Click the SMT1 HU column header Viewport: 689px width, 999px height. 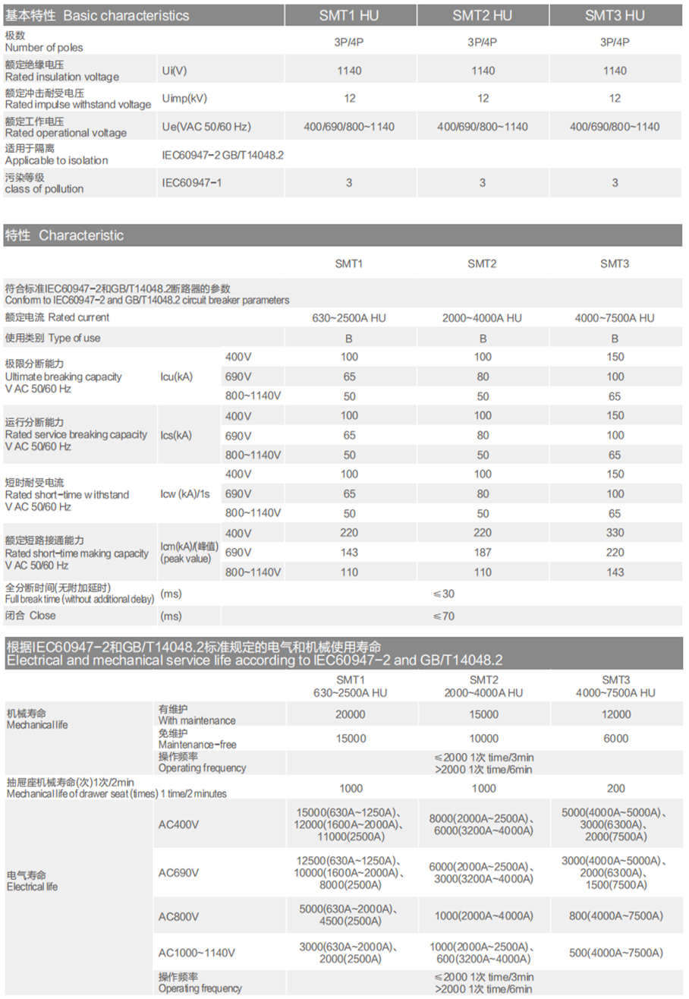[x=350, y=15]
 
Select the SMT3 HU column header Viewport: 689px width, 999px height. [x=615, y=15]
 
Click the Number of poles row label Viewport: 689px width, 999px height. [x=44, y=42]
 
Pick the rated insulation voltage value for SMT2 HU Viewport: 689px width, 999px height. [x=483, y=71]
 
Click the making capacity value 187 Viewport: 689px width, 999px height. [x=483, y=553]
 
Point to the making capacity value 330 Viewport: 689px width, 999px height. [x=615, y=534]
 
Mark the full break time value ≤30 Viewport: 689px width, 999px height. [x=444, y=594]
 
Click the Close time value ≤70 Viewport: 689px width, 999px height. [x=444, y=616]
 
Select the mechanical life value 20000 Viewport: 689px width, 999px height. [x=351, y=714]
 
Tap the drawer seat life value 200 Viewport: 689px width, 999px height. [x=615, y=788]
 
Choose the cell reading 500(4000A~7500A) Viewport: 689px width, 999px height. [x=615, y=953]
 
